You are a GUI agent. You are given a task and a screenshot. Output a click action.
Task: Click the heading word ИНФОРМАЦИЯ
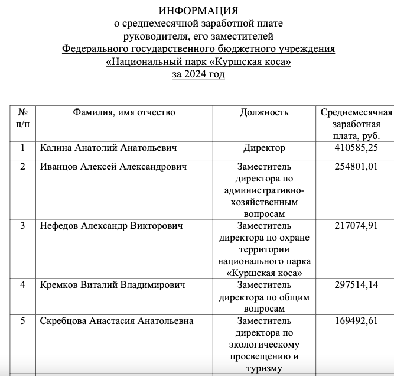[198, 11]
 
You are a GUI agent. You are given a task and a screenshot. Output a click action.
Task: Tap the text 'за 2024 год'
[198, 75]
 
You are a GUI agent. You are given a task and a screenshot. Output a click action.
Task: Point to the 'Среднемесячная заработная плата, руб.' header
[356, 124]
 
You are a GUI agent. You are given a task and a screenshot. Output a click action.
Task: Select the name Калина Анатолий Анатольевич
[108, 148]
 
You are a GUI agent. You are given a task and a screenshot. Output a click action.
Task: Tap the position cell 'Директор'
[264, 148]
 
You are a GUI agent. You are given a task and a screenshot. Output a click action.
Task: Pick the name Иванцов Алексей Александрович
[113, 167]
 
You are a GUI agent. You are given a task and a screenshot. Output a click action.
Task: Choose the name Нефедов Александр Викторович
[111, 226]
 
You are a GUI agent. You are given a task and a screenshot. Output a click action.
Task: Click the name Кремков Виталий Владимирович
[112, 286]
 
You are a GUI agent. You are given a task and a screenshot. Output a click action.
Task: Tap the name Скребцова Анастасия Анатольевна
[116, 322]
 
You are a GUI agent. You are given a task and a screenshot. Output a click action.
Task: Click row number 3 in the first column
[23, 226]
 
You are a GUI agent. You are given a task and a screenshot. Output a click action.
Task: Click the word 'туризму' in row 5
[264, 368]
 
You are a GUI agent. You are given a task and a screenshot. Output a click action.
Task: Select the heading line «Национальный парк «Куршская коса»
[198, 62]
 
